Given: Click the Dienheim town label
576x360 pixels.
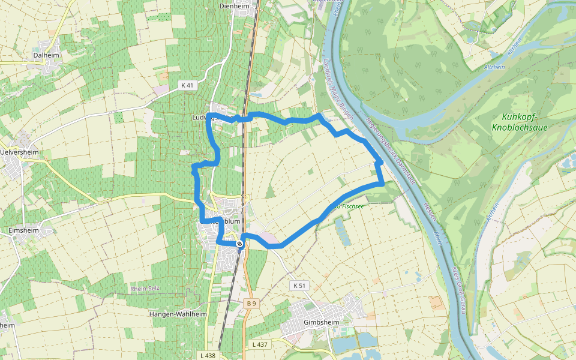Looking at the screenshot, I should pos(235,6).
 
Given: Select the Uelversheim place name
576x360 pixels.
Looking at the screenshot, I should pos(20,152).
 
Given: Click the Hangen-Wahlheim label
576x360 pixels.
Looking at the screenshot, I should pos(178,314).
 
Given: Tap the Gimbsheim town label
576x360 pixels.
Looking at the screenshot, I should pos(322,322).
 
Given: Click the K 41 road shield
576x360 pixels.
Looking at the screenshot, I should pos(187,85).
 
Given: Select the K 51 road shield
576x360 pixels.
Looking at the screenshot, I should pos(299,285).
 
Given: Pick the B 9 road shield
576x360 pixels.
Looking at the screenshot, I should pos(251,304).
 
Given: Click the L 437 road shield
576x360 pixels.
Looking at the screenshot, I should pos(259,344).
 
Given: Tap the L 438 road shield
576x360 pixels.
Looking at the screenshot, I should pos(207,356).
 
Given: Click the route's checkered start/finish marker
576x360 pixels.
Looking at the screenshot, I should pos(239,244).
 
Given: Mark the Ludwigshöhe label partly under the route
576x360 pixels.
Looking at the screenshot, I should pos(203,118).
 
